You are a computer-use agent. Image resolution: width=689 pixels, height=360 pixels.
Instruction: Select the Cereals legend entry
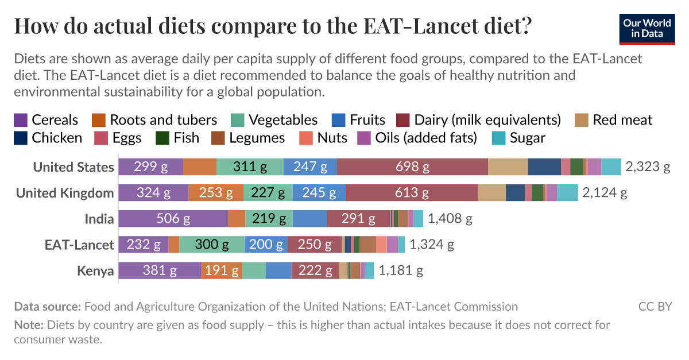point(46,119)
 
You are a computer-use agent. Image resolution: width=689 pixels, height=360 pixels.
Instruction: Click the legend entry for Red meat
point(614,119)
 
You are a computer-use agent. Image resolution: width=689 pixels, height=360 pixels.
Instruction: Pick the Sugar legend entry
point(519,138)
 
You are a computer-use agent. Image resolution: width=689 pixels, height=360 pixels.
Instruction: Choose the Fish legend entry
point(178,138)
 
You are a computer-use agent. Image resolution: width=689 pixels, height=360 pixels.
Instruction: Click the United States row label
point(73,167)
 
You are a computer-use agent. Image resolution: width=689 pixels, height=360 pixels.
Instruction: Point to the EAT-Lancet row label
point(79,245)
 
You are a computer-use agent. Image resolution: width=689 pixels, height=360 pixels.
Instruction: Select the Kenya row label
point(95,270)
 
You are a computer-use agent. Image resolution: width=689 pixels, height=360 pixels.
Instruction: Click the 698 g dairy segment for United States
point(412,167)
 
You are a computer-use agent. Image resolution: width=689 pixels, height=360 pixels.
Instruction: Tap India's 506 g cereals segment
point(173,219)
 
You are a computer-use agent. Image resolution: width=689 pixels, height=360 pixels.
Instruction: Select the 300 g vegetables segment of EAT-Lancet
point(212,245)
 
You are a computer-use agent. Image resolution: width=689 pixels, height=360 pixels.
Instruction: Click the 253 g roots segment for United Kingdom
point(216,193)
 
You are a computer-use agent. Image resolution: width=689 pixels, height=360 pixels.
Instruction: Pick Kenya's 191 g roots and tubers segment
point(222,270)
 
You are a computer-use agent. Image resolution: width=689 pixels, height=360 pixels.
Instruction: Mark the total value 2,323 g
point(648,167)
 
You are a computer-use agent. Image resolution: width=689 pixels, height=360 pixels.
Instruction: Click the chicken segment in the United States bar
point(544,167)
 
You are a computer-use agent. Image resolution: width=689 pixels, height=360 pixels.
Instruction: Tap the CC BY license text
point(655,307)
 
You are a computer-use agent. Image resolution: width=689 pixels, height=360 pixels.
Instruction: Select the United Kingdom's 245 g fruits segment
point(319,193)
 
